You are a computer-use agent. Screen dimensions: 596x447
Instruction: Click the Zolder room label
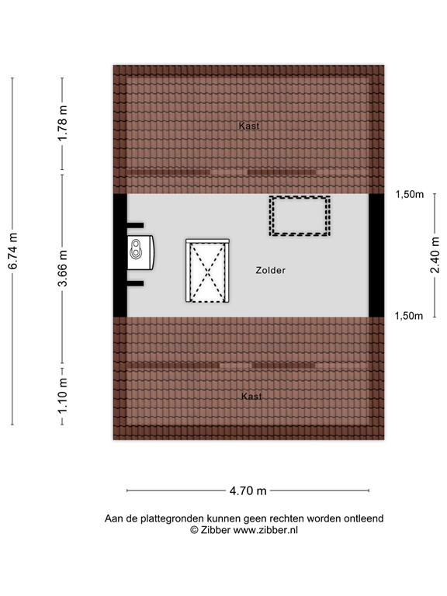[x=270, y=270]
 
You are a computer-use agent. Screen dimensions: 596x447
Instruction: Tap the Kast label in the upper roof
[x=249, y=125]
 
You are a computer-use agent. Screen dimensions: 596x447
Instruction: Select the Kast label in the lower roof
[x=251, y=397]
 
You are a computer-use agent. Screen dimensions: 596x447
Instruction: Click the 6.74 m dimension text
[x=13, y=251]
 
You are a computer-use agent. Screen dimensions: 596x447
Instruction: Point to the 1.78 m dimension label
[x=63, y=123]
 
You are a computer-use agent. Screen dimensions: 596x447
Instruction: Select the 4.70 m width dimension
[x=247, y=490]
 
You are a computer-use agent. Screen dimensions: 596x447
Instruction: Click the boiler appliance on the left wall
[x=140, y=251]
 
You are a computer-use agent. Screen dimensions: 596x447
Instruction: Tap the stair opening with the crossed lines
[x=207, y=270]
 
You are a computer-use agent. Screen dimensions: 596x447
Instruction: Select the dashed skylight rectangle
[x=300, y=215]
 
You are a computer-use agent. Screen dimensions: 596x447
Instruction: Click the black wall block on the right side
[x=376, y=255]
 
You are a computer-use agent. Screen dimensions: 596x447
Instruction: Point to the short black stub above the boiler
[x=136, y=227]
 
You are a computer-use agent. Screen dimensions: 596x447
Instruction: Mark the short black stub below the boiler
[x=136, y=282]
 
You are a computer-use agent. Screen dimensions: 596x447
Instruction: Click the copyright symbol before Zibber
[x=194, y=529]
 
